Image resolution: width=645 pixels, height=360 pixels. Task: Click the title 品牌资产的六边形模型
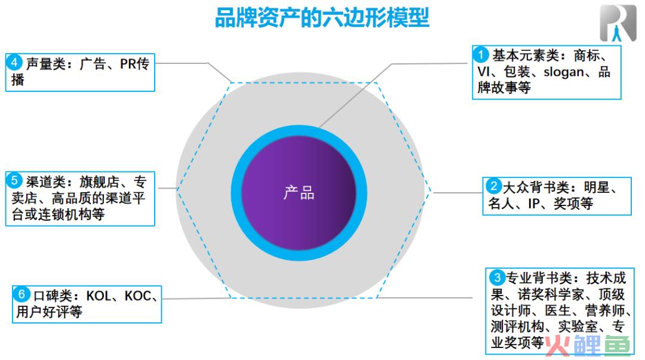coord(322,18)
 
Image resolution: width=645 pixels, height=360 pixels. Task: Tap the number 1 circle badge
coord(480,54)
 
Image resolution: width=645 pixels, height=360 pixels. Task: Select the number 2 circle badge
coord(493,186)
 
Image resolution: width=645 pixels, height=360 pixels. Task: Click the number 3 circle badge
coord(497,277)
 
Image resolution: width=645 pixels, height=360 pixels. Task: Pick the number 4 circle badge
coord(14,63)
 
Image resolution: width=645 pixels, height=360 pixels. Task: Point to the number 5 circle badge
coord(14,180)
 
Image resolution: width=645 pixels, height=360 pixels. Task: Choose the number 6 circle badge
coord(21,294)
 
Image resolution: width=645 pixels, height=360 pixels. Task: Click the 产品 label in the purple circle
coord(299,193)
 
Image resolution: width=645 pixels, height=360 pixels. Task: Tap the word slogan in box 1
coord(564,72)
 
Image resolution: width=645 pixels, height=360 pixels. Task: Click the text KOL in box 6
coord(99,296)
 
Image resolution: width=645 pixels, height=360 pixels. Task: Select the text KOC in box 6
coord(137,296)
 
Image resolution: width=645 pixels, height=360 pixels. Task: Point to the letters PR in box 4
coord(128,64)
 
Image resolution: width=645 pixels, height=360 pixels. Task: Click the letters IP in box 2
coord(533,204)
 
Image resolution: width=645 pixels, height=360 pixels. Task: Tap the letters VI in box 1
coord(483,72)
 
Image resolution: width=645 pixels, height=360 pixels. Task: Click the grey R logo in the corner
coord(618,23)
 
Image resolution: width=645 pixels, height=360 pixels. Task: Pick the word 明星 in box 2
coord(597,187)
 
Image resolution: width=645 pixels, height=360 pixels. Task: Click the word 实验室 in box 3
coord(578,326)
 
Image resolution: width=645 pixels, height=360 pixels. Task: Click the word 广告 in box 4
coord(93,64)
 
